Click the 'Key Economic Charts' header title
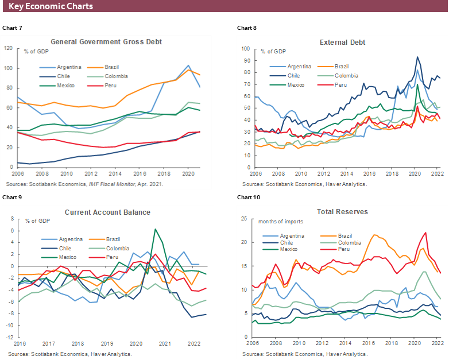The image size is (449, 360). [51, 6]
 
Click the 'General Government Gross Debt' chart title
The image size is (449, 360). [106, 42]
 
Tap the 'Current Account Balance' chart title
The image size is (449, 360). [107, 212]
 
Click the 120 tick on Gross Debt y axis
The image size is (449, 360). [9, 48]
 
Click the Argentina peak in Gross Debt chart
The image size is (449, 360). [188, 65]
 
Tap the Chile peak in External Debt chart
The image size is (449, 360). [417, 57]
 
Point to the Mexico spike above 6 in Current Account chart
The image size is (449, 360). [155, 229]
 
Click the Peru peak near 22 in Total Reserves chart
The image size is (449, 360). [425, 233]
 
